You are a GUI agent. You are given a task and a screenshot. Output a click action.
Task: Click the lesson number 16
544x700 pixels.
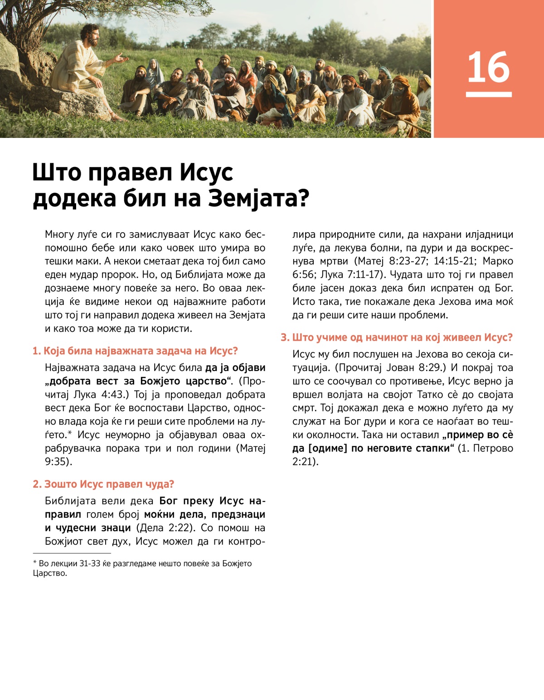click(488, 68)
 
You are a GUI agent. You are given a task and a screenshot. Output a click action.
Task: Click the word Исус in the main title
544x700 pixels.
click(206, 172)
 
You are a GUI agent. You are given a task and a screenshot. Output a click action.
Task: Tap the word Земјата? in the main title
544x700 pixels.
click(258, 198)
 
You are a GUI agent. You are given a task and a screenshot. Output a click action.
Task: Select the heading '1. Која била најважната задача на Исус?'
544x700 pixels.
click(135, 351)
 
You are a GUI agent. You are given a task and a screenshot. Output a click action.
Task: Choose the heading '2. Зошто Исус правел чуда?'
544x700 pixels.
click(103, 485)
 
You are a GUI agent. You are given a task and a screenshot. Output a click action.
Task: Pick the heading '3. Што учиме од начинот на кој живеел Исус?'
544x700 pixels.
click(397, 338)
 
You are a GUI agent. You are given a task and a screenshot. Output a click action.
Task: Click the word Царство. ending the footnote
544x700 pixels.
click(50, 573)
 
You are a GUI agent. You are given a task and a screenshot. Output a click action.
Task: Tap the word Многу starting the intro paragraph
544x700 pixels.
click(59, 235)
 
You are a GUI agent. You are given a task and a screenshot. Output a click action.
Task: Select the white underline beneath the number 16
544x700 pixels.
click(488, 94)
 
